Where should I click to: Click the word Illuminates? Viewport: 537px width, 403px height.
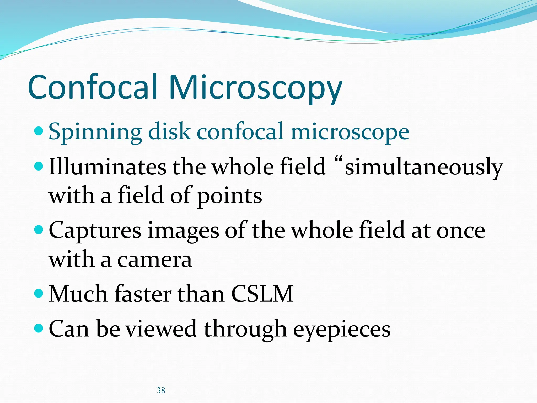(x=108, y=167)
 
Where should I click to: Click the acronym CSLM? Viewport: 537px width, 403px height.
(x=262, y=294)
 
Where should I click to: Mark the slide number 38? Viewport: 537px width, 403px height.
(x=161, y=390)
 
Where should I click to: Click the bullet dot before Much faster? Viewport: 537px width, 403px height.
(x=39, y=293)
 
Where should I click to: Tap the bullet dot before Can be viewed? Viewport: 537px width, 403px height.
(x=39, y=328)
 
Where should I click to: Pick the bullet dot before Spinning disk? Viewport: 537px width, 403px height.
(x=39, y=130)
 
